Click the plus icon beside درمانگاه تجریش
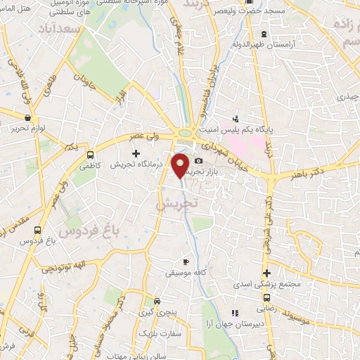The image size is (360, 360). pyautogui.click(x=136, y=153)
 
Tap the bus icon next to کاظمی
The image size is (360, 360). pyautogui.click(x=89, y=155)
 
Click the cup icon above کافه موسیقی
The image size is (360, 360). pyautogui.click(x=186, y=260)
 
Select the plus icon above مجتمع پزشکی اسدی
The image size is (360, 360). pyautogui.click(x=266, y=274)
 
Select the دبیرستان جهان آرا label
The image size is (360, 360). pyautogui.click(x=261, y=324)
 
